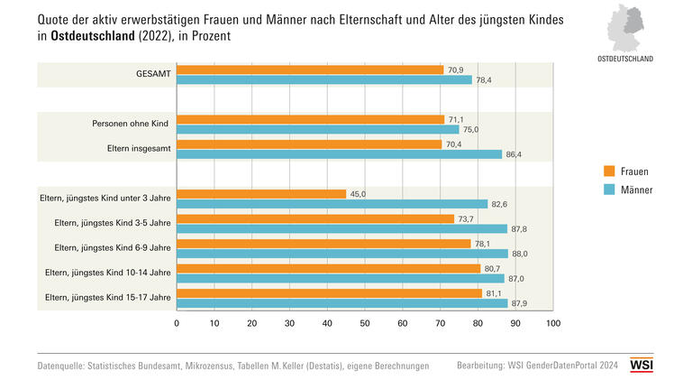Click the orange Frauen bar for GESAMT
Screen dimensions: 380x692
coord(310,70)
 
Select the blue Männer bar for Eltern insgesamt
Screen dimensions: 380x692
coord(339,154)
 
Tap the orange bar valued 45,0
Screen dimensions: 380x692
coord(261,194)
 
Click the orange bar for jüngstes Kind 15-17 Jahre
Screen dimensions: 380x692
coord(329,293)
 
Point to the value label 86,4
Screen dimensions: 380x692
coord(515,154)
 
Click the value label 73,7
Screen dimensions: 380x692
coord(468,219)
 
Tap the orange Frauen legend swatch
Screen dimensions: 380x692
coord(609,171)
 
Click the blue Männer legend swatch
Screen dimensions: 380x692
coord(609,190)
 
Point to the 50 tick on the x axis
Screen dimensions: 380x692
coord(365,323)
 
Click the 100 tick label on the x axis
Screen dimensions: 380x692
coord(553,323)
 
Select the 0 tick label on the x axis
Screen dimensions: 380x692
coord(177,323)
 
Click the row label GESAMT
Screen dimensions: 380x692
coord(149,75)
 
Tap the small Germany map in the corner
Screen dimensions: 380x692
coord(628,28)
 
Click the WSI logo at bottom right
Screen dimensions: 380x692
coord(642,365)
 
